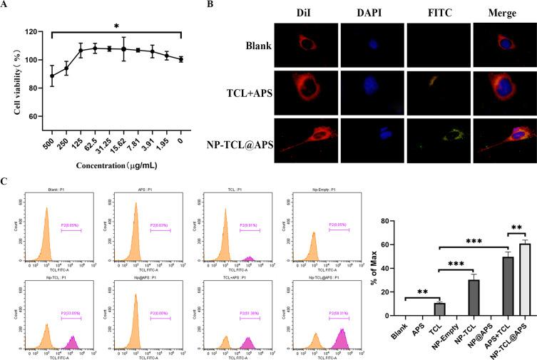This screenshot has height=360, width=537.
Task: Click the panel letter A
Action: tap(5, 6)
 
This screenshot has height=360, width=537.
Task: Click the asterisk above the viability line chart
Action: tap(116, 26)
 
